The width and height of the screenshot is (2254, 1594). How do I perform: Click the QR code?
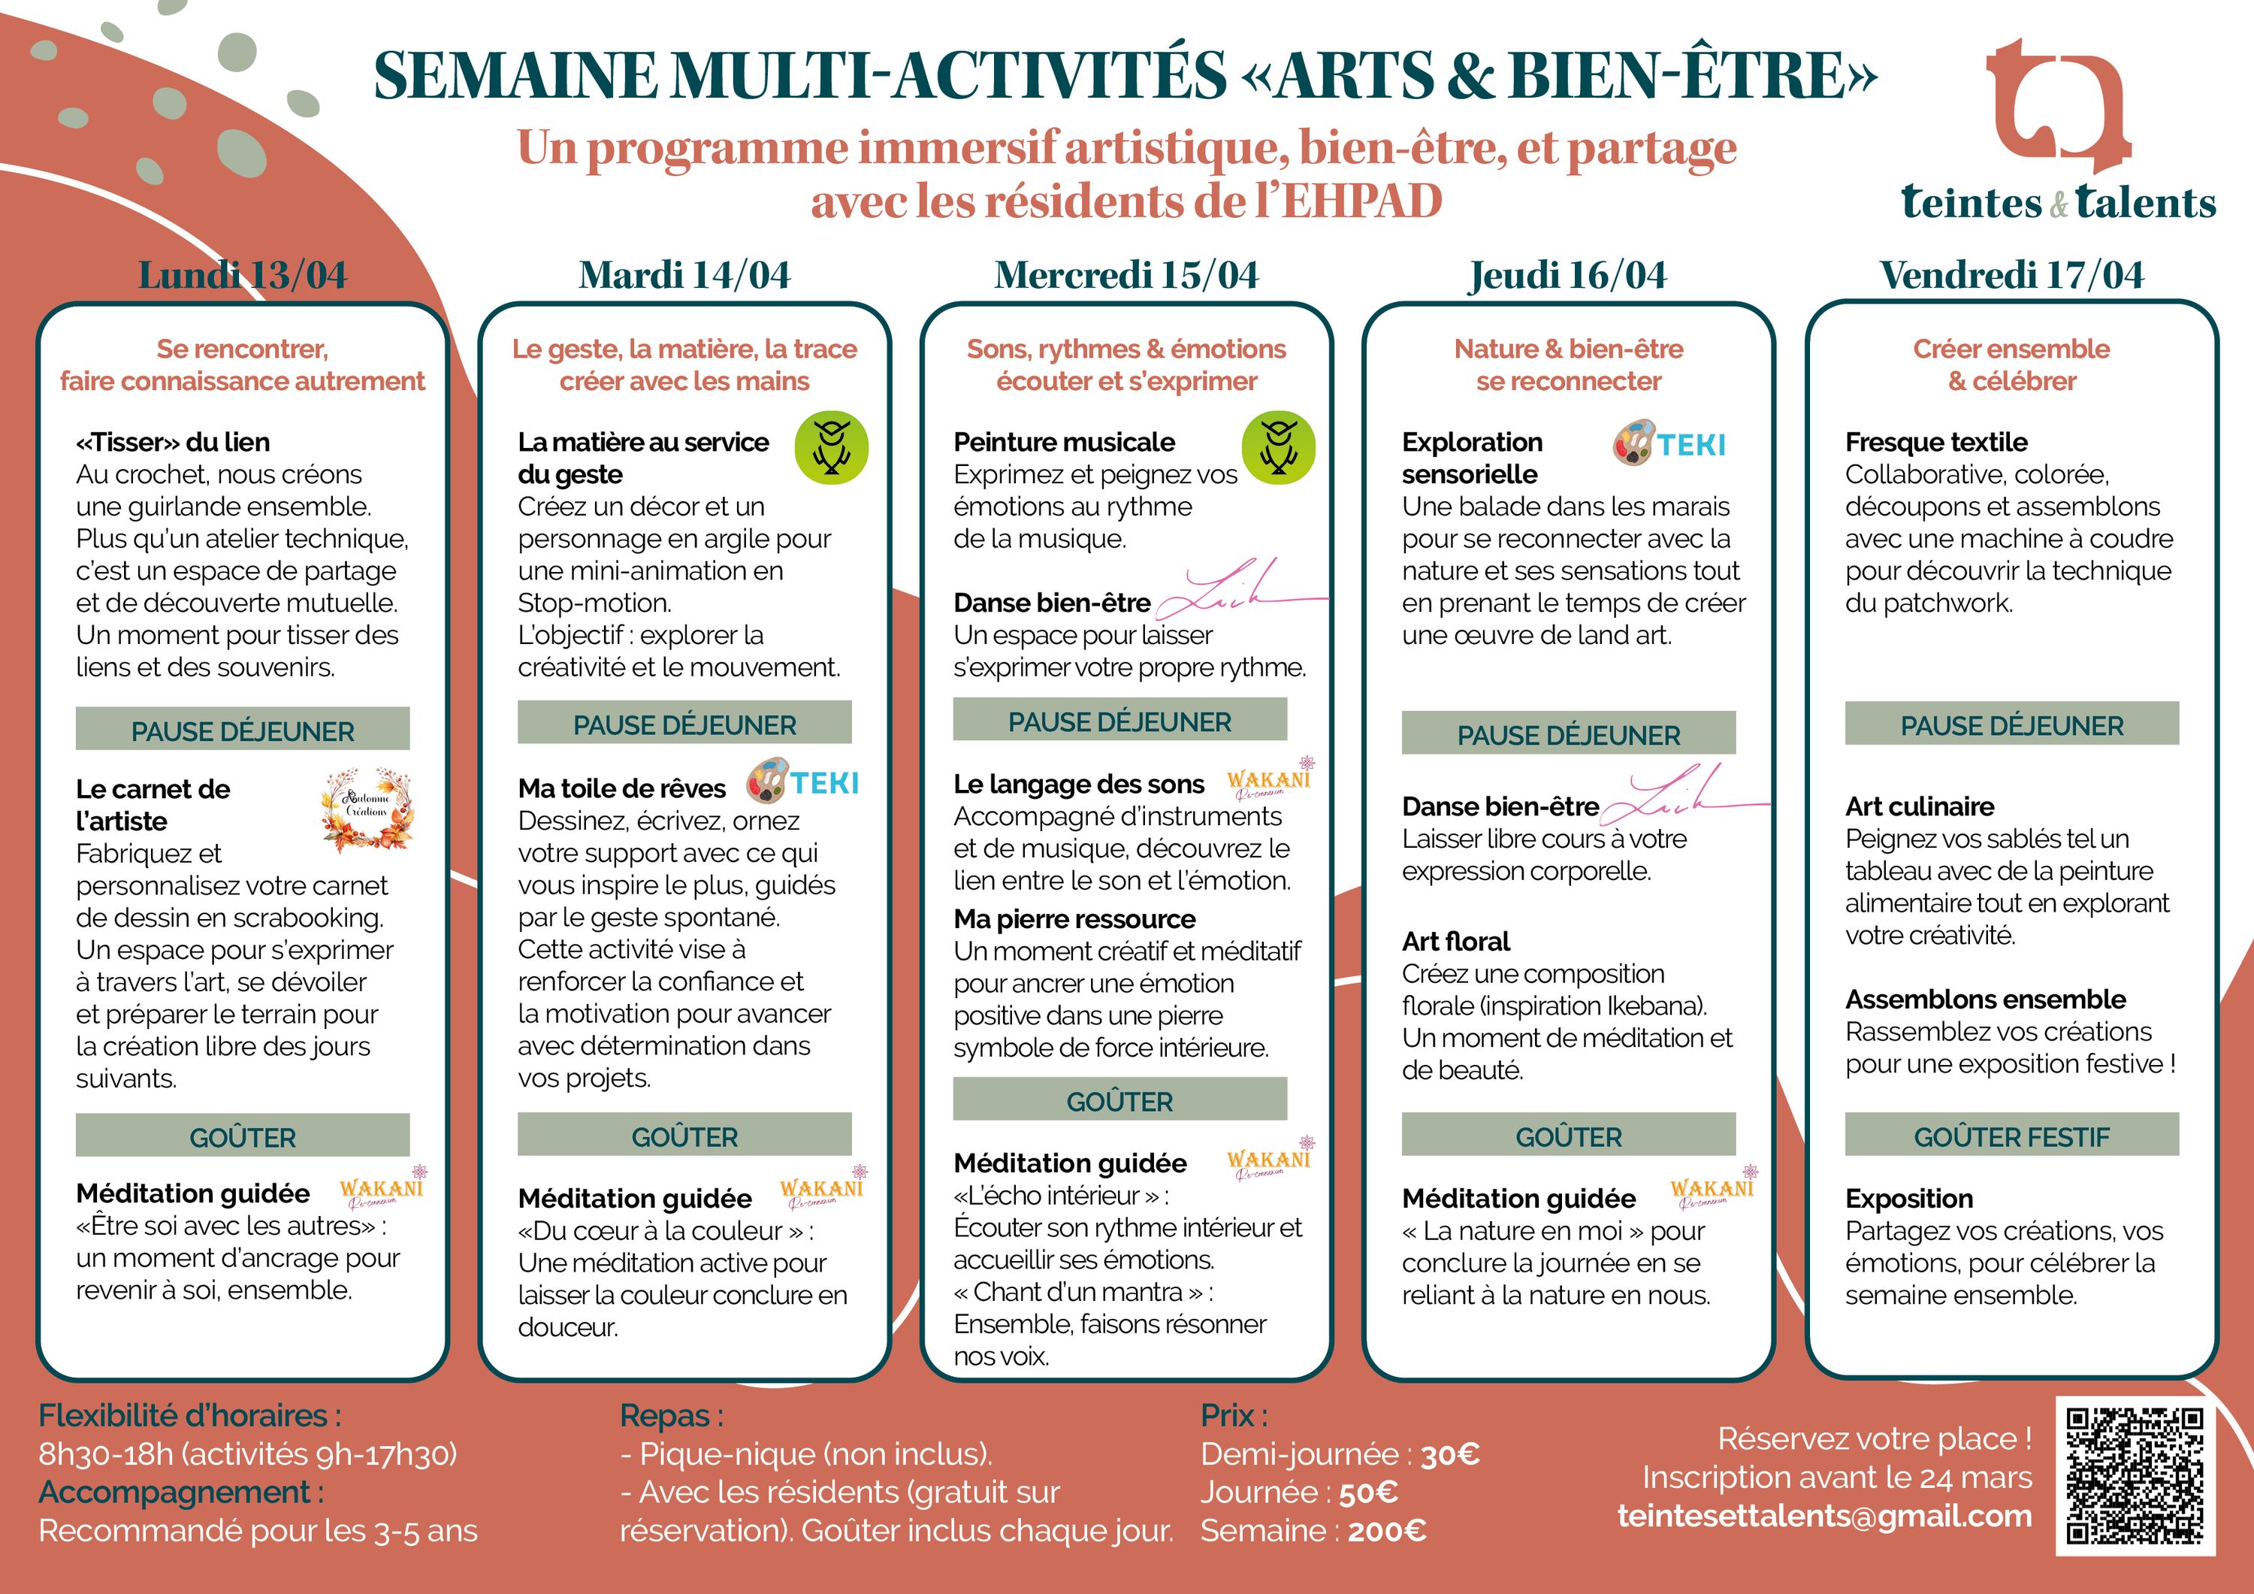2136,1476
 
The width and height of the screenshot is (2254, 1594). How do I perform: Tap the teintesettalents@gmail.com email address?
1824,1515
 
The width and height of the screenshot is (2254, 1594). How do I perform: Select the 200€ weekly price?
1387,1531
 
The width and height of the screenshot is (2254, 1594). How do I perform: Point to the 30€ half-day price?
1450,1454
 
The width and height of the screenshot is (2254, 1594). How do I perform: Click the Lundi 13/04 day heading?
243,275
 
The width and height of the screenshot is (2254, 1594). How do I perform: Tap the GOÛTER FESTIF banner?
2011,1136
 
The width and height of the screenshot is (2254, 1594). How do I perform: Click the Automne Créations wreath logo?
366,809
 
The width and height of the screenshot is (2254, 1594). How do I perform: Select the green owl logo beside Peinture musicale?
1278,448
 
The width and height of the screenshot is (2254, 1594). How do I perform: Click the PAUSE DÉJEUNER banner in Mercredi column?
1119,720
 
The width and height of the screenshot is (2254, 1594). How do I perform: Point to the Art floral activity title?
1456,942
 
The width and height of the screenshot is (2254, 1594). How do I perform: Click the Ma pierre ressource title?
1074,919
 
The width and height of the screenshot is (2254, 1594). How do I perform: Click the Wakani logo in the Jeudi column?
1713,1187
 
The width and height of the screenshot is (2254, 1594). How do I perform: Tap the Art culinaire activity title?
1919,806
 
